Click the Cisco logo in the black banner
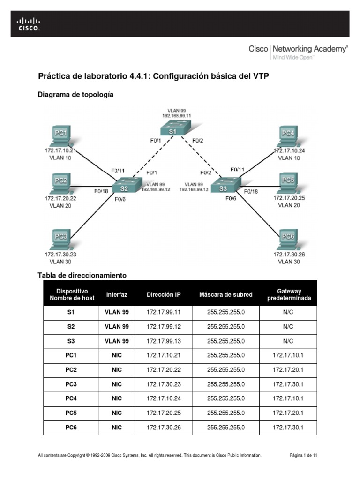29,24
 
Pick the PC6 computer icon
289,240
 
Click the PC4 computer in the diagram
289,136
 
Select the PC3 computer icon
62,240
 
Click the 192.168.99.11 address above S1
177,116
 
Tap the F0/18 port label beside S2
101,191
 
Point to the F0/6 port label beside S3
231,198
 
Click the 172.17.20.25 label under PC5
289,198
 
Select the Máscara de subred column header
226,294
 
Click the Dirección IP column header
164,294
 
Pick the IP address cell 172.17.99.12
164,327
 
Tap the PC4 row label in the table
71,398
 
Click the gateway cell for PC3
288,384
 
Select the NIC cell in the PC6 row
117,427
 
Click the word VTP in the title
261,76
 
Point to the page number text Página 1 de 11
303,455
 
